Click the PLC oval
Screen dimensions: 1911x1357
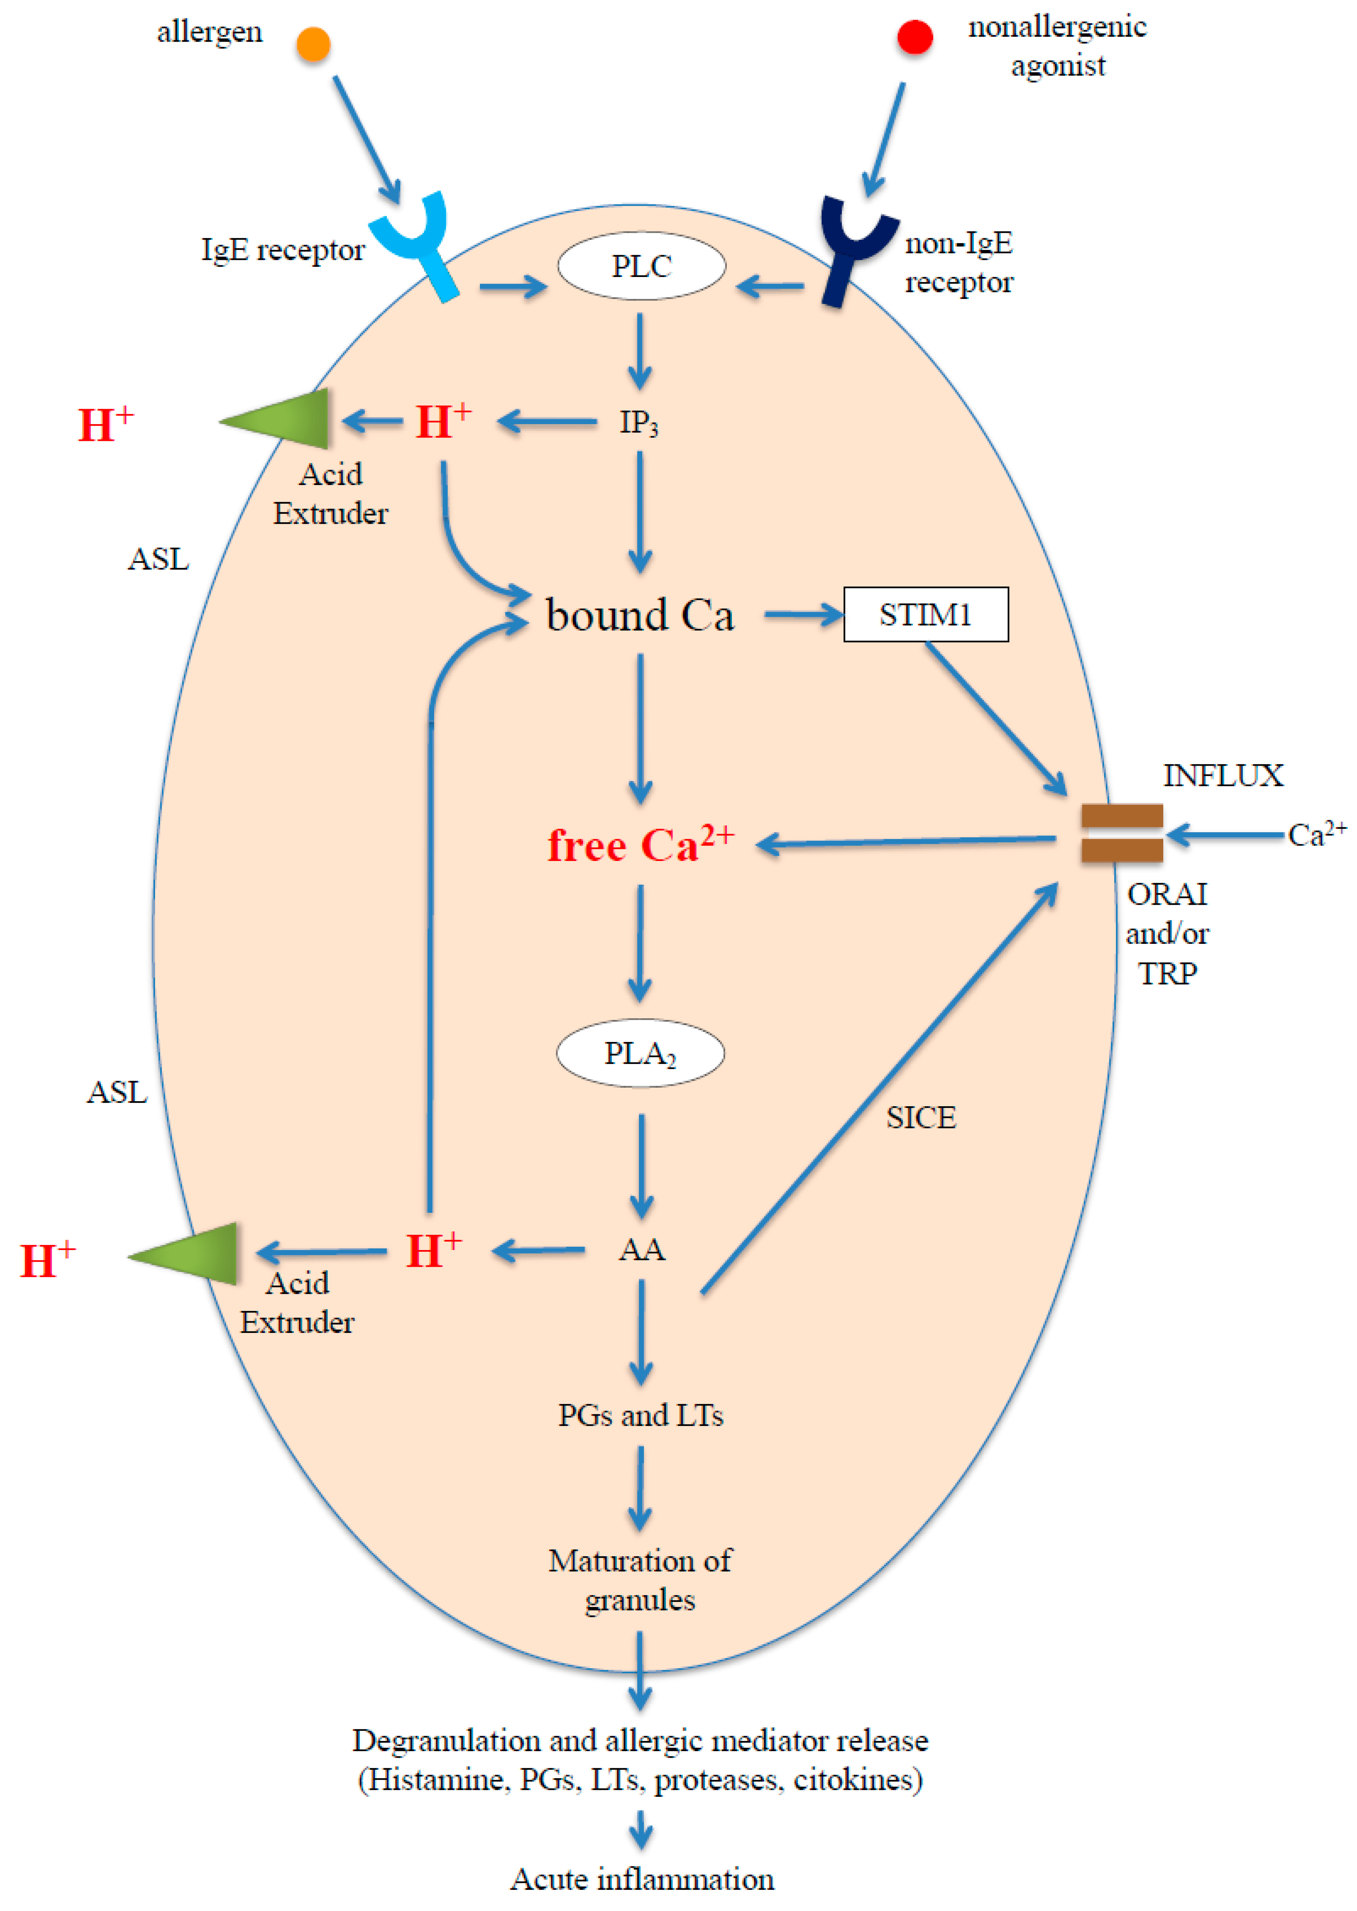pos(641,266)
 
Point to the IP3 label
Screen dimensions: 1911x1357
pos(639,422)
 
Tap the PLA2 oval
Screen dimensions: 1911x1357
pos(640,1053)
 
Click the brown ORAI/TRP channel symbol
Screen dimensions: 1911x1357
pos(1121,833)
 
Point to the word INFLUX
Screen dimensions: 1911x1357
pos(1222,776)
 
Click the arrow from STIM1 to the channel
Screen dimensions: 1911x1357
pos(994,719)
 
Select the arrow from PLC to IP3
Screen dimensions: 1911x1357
pos(640,351)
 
